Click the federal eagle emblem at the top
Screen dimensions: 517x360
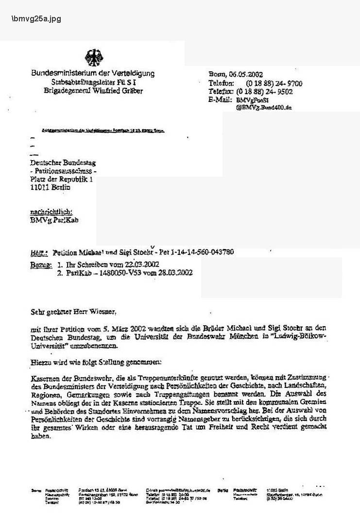94,58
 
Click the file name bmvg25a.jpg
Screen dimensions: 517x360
36,19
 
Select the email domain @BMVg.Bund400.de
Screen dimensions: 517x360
264,107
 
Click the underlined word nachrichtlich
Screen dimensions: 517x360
51,212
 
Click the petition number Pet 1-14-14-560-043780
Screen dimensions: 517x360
195,252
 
